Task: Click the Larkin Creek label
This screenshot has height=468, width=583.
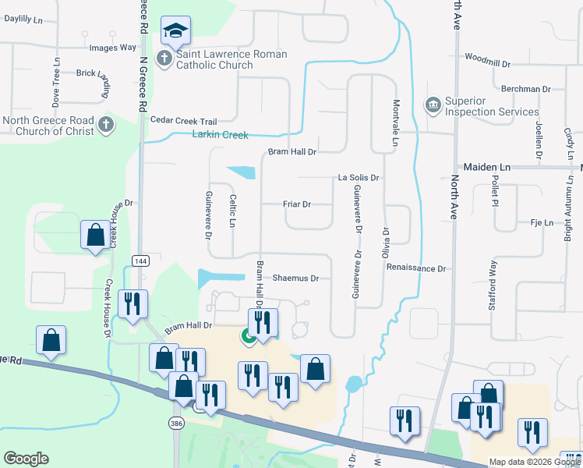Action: tap(220, 135)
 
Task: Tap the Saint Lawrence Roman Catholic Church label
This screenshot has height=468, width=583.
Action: tap(231, 60)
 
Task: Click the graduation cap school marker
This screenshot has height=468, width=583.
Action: tap(176, 33)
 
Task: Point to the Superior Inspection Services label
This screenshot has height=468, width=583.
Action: tap(481, 106)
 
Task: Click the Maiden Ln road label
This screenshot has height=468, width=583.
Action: tap(487, 167)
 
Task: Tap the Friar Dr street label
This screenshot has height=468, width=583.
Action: tap(296, 204)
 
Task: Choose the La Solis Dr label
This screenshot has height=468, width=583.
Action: tap(358, 178)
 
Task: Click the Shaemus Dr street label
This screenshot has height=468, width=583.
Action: tap(296, 278)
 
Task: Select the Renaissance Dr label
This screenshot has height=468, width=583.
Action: tap(415, 268)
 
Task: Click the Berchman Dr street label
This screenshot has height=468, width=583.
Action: tap(526, 89)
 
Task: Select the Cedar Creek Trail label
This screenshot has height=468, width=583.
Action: tap(183, 121)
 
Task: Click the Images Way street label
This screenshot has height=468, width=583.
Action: tap(114, 48)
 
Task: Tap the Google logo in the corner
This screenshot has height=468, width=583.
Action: tap(26, 459)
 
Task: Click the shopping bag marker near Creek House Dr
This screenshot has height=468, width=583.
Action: tap(95, 234)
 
